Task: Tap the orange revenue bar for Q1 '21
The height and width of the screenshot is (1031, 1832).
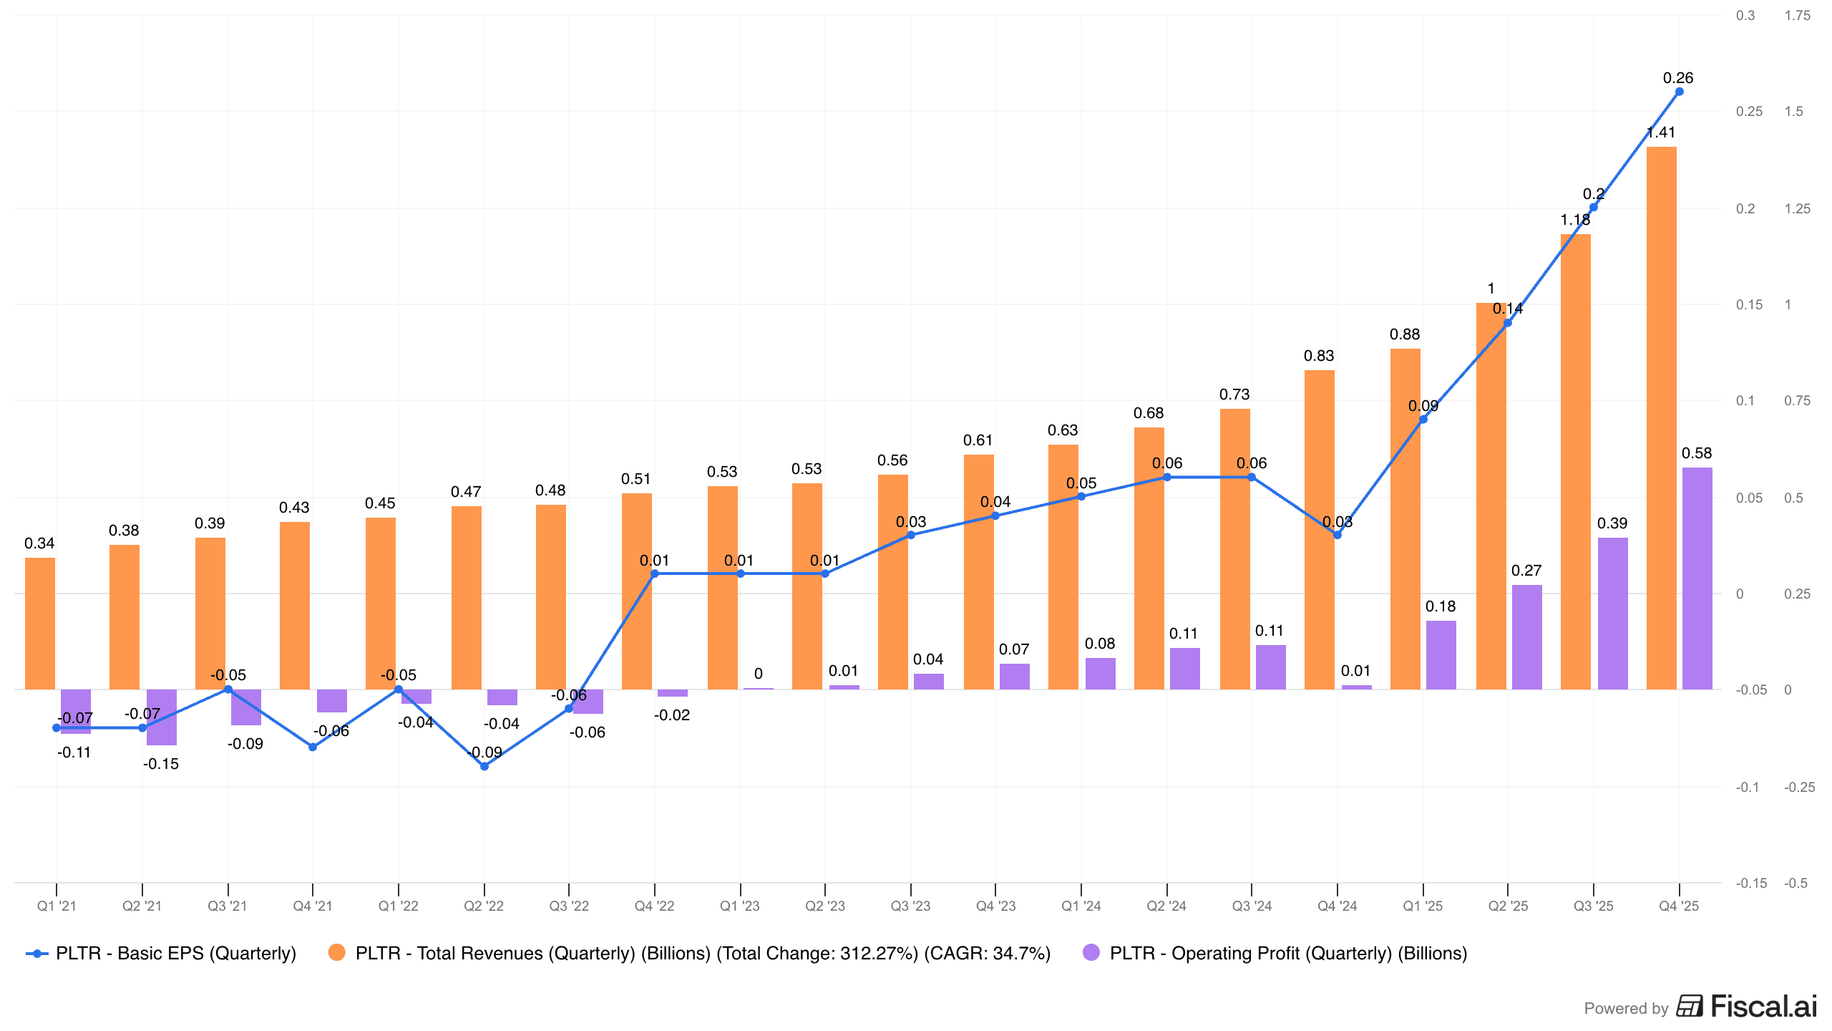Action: [40, 624]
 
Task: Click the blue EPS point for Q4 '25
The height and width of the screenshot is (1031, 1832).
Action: [1680, 92]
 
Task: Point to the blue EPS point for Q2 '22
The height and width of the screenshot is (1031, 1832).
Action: [484, 766]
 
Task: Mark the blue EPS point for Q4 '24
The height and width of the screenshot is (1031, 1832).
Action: [1338, 535]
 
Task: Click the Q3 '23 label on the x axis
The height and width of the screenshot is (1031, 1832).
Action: [910, 906]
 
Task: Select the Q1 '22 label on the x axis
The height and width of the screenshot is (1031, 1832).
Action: [398, 906]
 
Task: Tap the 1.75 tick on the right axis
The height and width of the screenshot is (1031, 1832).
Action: [1797, 15]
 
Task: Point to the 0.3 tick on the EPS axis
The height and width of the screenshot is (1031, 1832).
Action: [1745, 15]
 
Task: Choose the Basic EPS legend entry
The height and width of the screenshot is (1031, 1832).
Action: [162, 953]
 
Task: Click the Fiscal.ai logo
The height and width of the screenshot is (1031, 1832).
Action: [1746, 1007]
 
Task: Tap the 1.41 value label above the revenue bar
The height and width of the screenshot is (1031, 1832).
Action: [1660, 132]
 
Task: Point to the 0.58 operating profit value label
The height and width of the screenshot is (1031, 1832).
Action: [1697, 453]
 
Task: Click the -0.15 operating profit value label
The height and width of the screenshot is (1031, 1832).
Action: [161, 764]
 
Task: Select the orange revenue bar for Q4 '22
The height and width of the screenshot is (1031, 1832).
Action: [637, 591]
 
